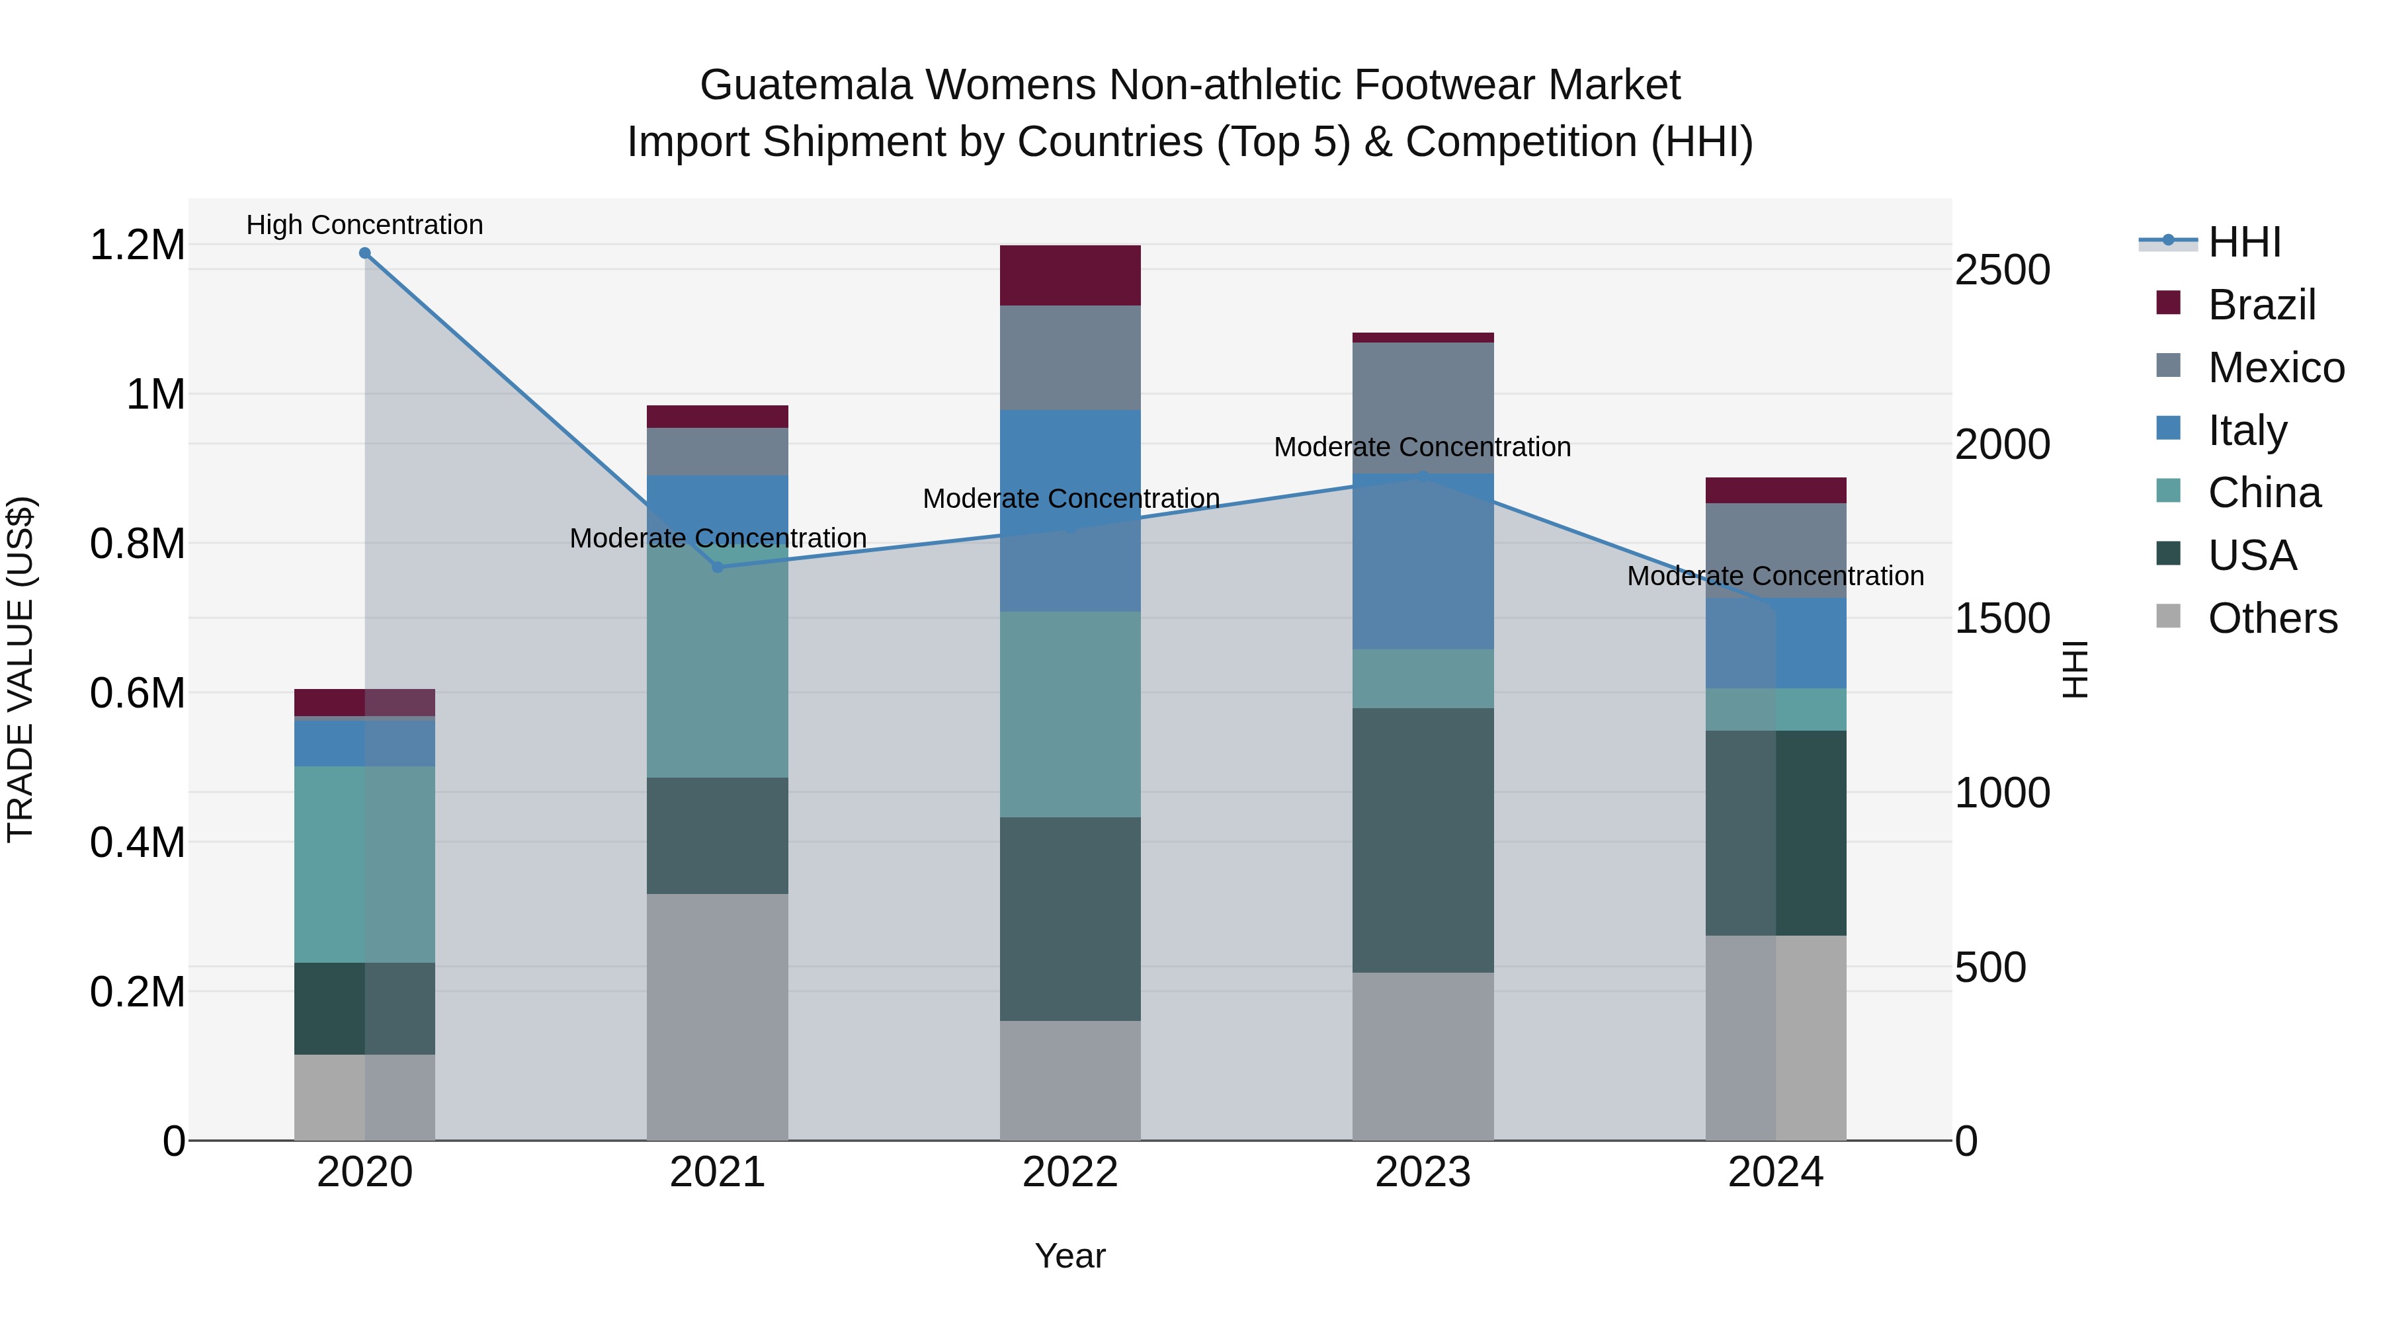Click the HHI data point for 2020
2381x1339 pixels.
[x=364, y=253]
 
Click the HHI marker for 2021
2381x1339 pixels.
[x=717, y=567]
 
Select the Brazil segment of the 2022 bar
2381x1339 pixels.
[x=1070, y=275]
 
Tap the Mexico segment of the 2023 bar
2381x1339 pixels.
[x=1423, y=407]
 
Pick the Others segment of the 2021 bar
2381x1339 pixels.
[x=717, y=1016]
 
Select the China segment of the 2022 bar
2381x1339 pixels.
[x=1070, y=714]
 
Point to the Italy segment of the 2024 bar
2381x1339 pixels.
[x=1776, y=643]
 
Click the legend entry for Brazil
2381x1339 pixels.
[x=2260, y=305]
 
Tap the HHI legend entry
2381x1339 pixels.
[x=2244, y=242]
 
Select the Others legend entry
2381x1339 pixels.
[x=2271, y=618]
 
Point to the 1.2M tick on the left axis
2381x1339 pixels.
[x=137, y=246]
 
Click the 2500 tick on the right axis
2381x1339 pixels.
[x=2003, y=270]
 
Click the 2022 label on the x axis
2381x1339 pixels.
[x=1070, y=1172]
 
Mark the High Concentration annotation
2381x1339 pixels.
[x=364, y=225]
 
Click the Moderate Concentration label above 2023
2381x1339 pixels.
[x=1423, y=447]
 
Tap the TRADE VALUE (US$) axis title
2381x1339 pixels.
[x=21, y=669]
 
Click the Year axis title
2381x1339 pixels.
[x=1070, y=1256]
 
